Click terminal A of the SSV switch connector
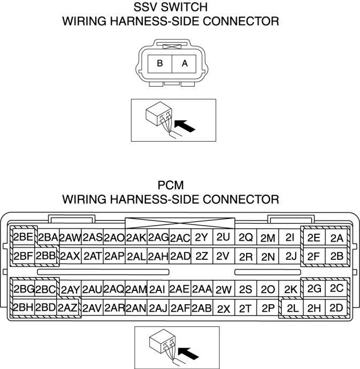point(185,63)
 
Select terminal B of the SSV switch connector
point(159,63)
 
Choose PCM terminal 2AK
point(136,237)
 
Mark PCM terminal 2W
point(224,289)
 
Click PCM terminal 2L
point(292,308)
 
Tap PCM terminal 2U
point(224,237)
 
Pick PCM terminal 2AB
point(202,308)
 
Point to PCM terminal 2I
point(290,237)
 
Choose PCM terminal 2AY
point(70,289)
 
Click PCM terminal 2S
point(246,289)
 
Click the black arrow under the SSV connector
point(185,126)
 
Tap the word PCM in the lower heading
point(171,186)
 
